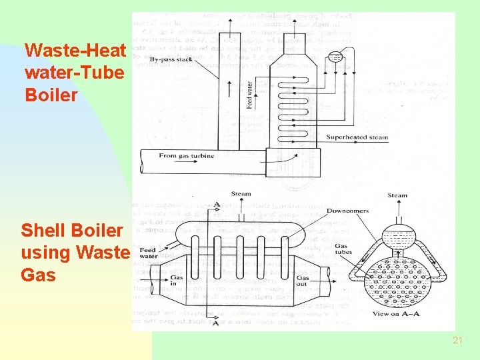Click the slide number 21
457,340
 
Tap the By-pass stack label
172,60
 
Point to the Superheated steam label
357,137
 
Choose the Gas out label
303,280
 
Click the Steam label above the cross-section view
397,195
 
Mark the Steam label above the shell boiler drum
241,194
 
